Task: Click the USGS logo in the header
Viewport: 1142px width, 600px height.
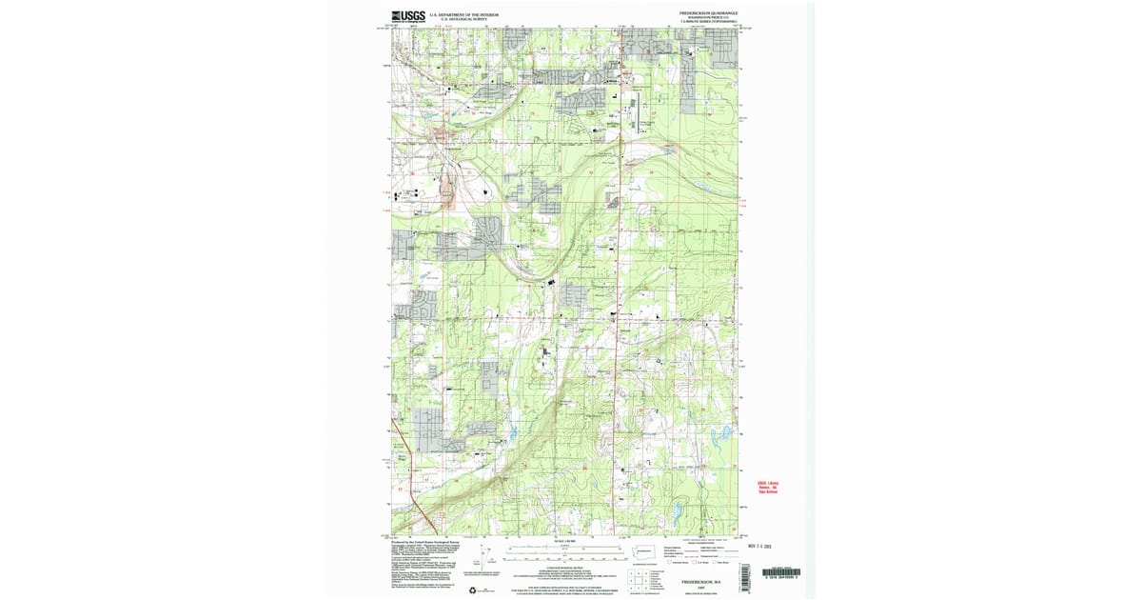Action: (407, 15)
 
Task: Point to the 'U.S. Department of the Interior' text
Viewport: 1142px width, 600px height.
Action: (463, 14)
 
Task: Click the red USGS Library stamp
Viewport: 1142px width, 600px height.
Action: (767, 487)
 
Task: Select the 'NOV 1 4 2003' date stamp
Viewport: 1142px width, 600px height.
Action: (763, 547)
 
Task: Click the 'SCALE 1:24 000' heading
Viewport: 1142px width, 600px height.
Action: (560, 542)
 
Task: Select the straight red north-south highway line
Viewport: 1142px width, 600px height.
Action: (620, 286)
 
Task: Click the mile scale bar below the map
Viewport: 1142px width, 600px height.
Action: (559, 549)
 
